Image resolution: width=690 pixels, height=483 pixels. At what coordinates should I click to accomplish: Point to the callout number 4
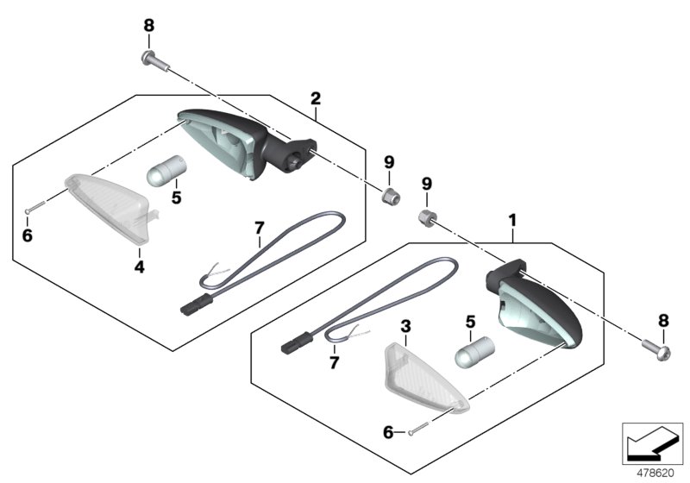coord(139,267)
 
